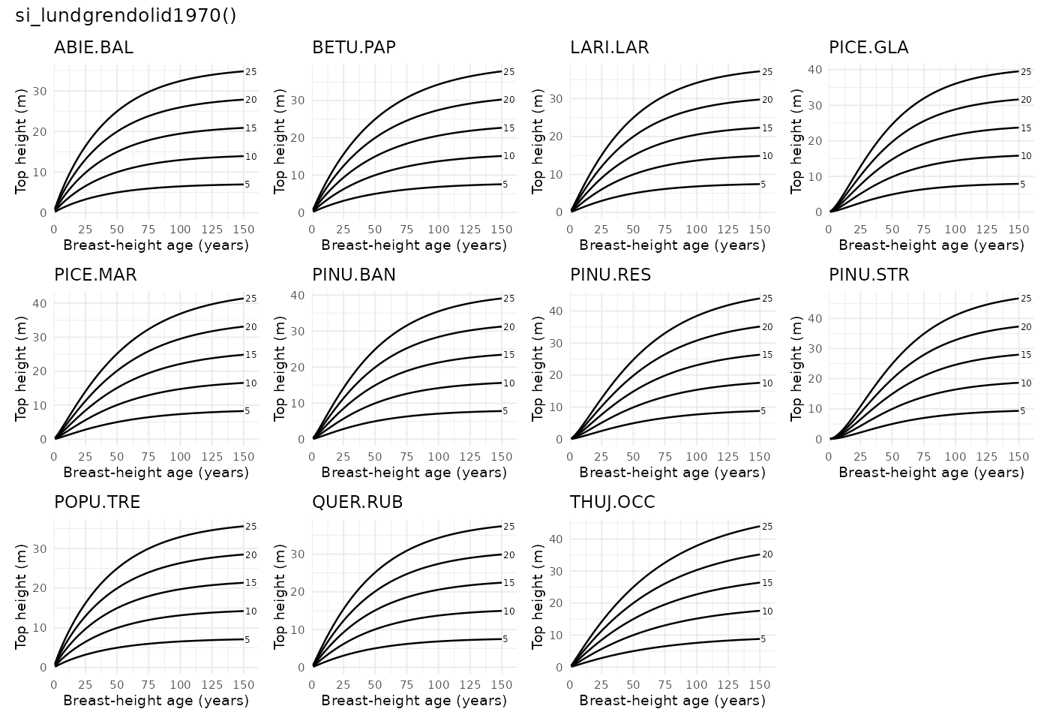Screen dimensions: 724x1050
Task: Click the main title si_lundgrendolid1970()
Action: [x=126, y=16]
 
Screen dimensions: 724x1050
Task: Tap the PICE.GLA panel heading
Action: [x=868, y=48]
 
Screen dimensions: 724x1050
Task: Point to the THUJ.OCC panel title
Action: [x=613, y=503]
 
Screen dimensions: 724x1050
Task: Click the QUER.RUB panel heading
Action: [x=357, y=503]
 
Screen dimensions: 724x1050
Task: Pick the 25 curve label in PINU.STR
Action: [x=1025, y=299]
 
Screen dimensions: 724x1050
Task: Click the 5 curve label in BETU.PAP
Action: [x=505, y=185]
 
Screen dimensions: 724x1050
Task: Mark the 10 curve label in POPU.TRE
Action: [x=251, y=611]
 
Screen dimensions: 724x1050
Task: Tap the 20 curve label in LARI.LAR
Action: [x=767, y=100]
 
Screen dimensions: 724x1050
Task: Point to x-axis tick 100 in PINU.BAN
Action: [x=438, y=456]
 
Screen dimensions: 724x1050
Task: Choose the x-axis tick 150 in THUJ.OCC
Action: [x=759, y=684]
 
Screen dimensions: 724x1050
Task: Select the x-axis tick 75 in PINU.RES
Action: [x=664, y=456]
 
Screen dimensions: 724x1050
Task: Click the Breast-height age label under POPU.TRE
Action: [x=156, y=701]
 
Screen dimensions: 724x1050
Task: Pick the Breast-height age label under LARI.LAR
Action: [x=672, y=245]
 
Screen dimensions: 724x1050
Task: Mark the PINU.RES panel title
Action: [x=610, y=275]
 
